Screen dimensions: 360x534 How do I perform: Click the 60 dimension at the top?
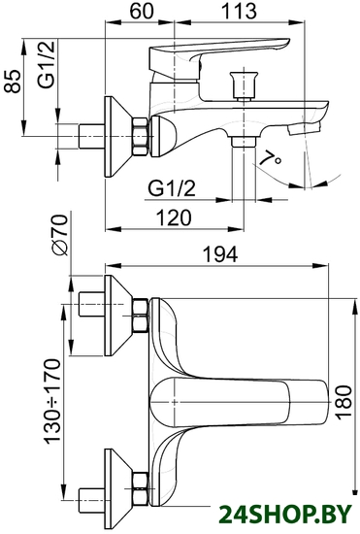click(142, 11)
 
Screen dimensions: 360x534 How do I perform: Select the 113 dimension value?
click(238, 11)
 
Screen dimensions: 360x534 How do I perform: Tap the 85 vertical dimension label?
click(13, 82)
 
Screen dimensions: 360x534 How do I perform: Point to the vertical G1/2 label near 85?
click(47, 65)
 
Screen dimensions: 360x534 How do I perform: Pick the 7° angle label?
click(270, 158)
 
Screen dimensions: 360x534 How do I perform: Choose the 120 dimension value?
click(174, 217)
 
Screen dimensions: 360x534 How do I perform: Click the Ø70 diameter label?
click(59, 235)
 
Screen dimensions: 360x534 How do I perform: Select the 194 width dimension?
click(220, 253)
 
